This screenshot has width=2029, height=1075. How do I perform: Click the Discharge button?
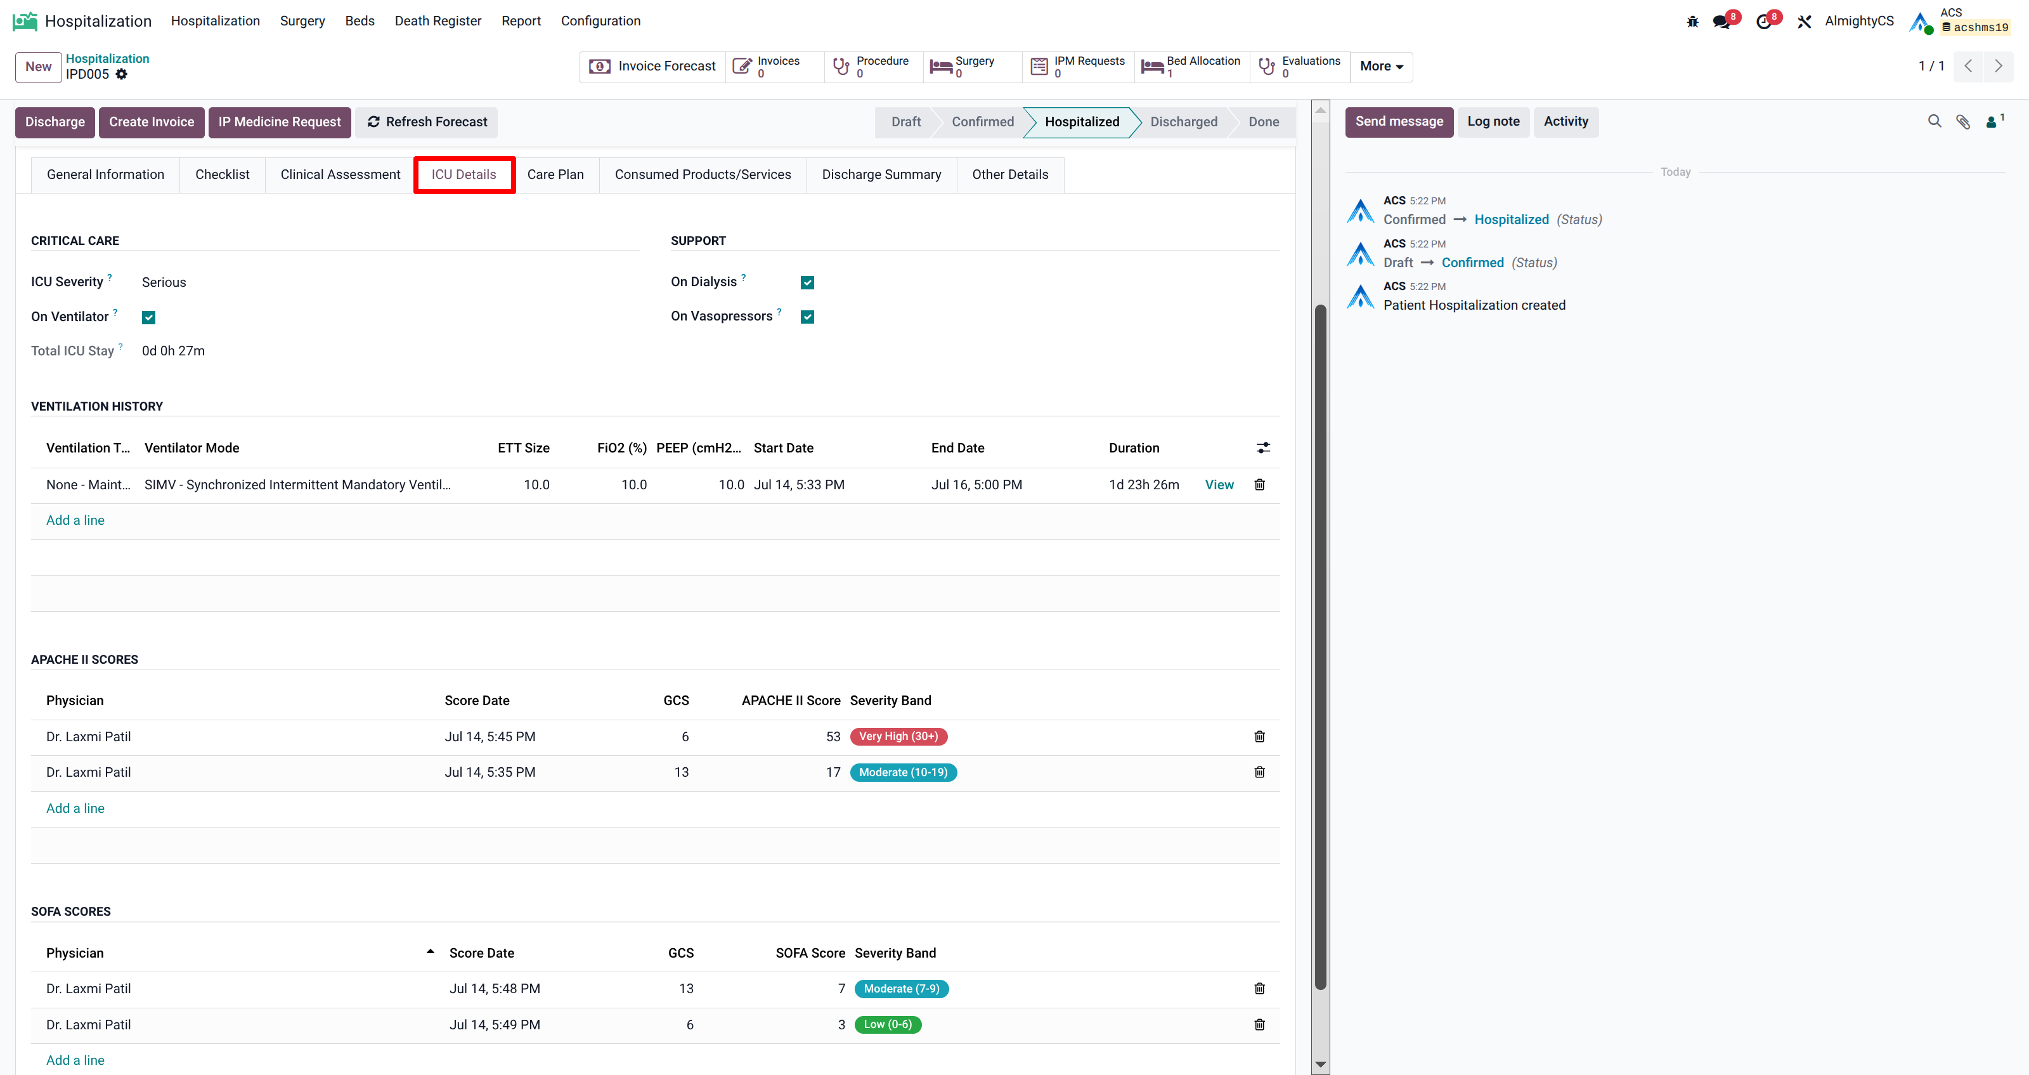click(55, 122)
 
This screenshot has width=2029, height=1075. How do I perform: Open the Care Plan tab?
click(555, 174)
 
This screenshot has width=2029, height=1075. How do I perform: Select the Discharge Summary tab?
click(881, 174)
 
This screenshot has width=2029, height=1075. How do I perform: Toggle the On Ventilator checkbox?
click(149, 317)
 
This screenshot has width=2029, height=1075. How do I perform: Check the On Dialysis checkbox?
click(807, 282)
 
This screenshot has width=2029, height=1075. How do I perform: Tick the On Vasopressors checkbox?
click(807, 317)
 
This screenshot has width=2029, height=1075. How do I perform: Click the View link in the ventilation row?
click(1219, 485)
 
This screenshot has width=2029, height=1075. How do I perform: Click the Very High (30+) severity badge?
click(898, 736)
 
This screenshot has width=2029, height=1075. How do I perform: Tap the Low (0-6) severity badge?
click(888, 1025)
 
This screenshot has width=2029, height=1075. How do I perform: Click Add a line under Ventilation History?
click(75, 520)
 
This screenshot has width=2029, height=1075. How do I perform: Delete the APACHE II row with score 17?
click(1259, 772)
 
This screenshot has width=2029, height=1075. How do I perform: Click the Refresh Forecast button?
click(426, 122)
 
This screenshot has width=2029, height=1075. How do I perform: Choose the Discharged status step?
click(1183, 122)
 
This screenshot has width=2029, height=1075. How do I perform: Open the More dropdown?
click(1382, 66)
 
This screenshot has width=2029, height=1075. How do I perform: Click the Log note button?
click(1493, 122)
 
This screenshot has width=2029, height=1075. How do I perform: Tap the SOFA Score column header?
click(810, 953)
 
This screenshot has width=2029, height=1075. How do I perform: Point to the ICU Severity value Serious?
click(164, 282)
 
